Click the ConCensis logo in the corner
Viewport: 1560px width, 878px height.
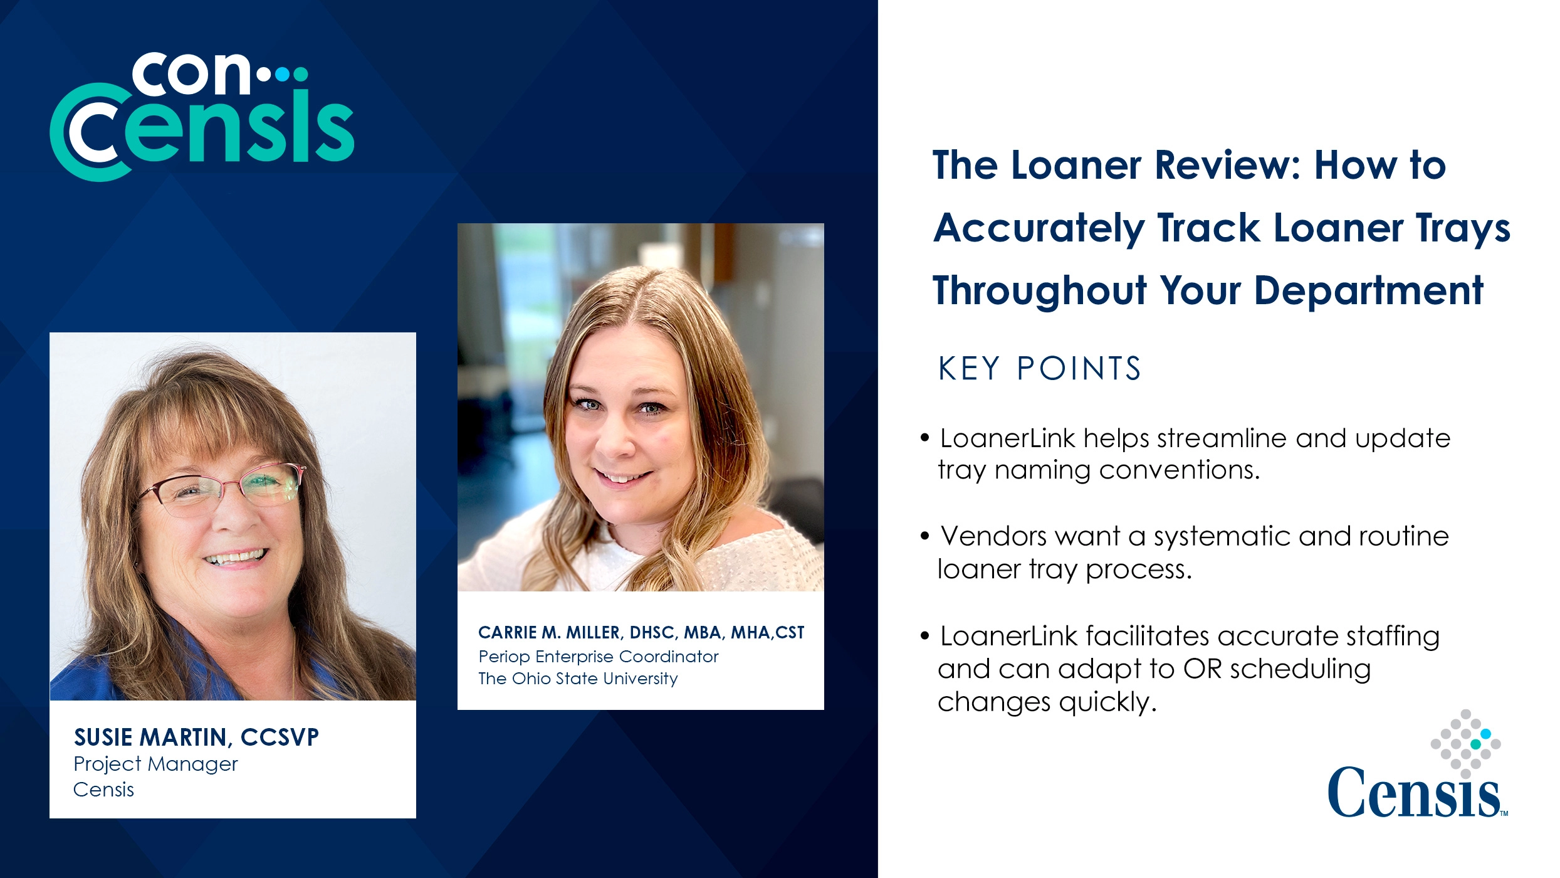[202, 117]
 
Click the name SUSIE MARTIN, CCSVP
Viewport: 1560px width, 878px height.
[196, 737]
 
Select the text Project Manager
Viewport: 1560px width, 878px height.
[155, 764]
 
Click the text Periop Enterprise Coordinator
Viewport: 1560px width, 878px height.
[598, 657]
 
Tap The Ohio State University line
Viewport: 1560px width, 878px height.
[578, 679]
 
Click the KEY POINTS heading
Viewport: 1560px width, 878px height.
[1039, 368]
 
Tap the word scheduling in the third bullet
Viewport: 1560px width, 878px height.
[1300, 669]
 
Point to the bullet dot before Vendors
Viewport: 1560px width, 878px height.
[924, 536]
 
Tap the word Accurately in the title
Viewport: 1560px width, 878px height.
[1039, 228]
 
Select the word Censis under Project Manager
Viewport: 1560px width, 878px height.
[103, 790]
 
